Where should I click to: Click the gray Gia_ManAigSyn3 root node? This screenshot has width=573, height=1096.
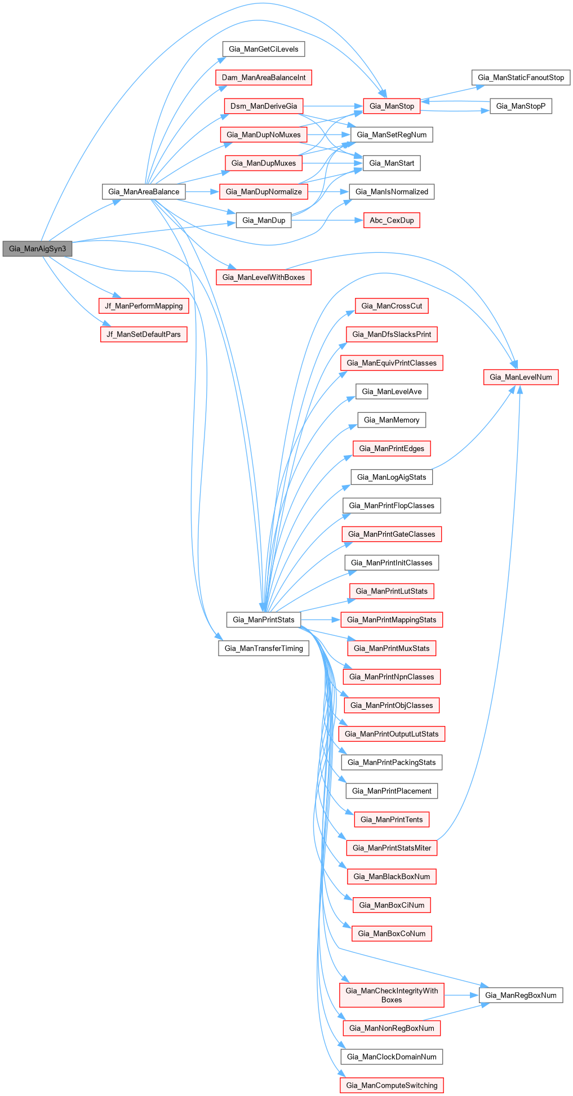coord(37,248)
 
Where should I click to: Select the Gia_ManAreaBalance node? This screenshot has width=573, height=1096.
coord(144,191)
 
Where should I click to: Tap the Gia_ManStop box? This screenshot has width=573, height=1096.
coord(392,106)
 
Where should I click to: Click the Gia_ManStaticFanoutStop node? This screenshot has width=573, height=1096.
coord(521,77)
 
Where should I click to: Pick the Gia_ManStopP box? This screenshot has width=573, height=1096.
coord(521,106)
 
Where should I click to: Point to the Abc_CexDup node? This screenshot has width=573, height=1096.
coord(392,220)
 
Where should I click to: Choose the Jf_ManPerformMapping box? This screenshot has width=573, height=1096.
coord(144,306)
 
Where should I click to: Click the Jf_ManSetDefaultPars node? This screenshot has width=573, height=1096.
coord(144,334)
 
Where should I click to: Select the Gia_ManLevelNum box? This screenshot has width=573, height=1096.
coord(521,377)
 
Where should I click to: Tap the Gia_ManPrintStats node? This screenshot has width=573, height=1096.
coord(264,620)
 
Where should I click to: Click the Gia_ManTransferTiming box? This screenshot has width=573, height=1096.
coord(264,648)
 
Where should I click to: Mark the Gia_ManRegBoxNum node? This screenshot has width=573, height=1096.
coord(521,995)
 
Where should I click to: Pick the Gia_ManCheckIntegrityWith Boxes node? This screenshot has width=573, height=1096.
coord(392,995)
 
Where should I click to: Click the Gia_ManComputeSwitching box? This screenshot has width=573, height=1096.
coord(392,1085)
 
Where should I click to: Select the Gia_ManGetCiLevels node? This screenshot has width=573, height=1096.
coord(264,49)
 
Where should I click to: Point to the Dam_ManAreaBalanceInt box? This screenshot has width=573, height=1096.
coord(264,77)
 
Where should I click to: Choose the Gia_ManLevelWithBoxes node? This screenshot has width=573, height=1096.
coord(264,277)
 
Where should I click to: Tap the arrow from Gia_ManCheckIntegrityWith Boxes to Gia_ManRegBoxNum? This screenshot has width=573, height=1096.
coord(461,995)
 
